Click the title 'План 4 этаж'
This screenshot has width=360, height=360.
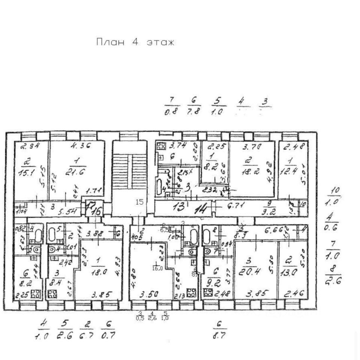point(135,42)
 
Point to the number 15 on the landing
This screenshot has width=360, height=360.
point(139,202)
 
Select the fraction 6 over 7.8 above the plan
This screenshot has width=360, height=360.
point(194,106)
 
